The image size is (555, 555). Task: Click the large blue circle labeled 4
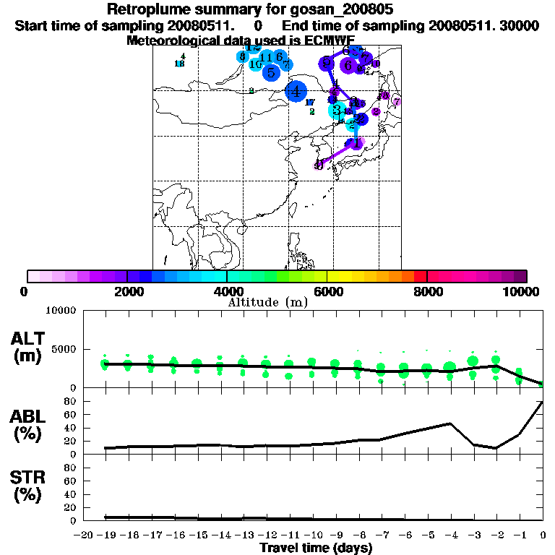tap(296, 91)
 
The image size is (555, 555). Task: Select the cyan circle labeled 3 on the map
tap(337, 110)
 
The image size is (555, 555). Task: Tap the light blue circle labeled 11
tap(266, 58)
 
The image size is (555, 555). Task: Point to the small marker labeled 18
tap(180, 64)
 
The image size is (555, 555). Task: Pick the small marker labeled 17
tap(309, 103)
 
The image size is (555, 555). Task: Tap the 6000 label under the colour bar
tap(327, 291)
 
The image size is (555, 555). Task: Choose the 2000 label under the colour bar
tap(127, 291)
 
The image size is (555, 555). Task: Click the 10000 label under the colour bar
tap(525, 291)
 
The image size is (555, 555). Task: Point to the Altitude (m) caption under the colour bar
tap(267, 302)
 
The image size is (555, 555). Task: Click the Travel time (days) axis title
tap(316, 548)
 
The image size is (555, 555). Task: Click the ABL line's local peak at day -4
tap(449, 423)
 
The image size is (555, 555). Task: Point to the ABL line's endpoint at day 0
tap(542, 402)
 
